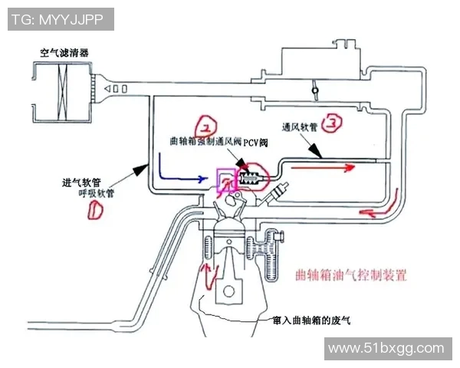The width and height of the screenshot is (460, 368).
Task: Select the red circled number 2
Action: (x=208, y=125)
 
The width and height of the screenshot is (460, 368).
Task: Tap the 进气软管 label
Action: (x=83, y=182)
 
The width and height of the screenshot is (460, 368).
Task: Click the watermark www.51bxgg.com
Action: (x=385, y=349)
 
